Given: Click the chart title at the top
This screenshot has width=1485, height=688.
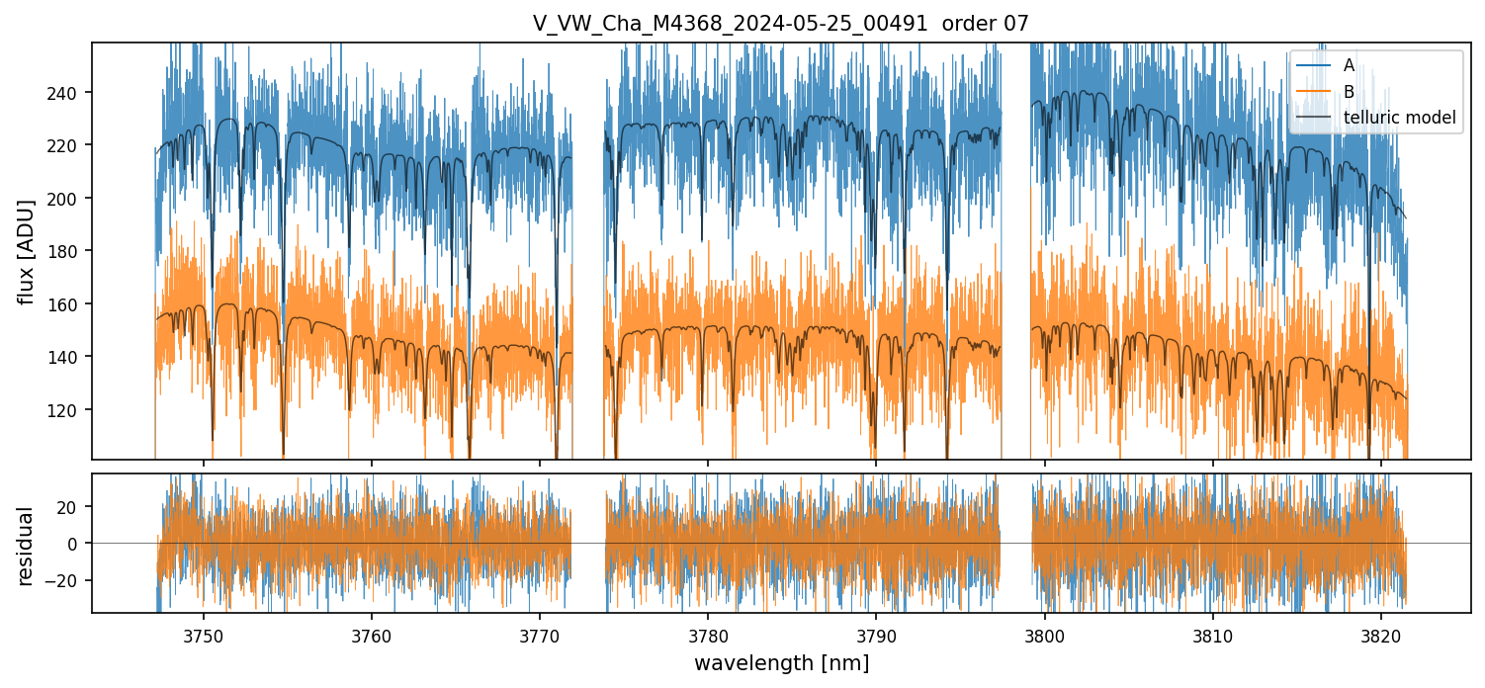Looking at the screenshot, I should (x=781, y=24).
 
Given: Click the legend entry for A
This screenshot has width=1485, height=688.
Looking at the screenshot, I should (x=1349, y=65).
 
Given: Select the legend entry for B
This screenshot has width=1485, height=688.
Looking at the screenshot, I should (x=1349, y=92).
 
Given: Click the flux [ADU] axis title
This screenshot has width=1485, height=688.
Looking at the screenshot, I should (x=26, y=251).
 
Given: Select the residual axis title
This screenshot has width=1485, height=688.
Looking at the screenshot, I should (x=26, y=546).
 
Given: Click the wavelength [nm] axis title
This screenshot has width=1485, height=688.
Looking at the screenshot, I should (x=781, y=663).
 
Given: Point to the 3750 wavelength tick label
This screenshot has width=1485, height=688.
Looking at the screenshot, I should (x=204, y=636).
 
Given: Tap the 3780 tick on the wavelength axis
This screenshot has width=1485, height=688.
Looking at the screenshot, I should (x=708, y=636).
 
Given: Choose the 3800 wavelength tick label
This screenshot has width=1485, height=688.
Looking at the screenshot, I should (x=1045, y=636).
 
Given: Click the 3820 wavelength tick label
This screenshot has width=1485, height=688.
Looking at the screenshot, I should (x=1381, y=636).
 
